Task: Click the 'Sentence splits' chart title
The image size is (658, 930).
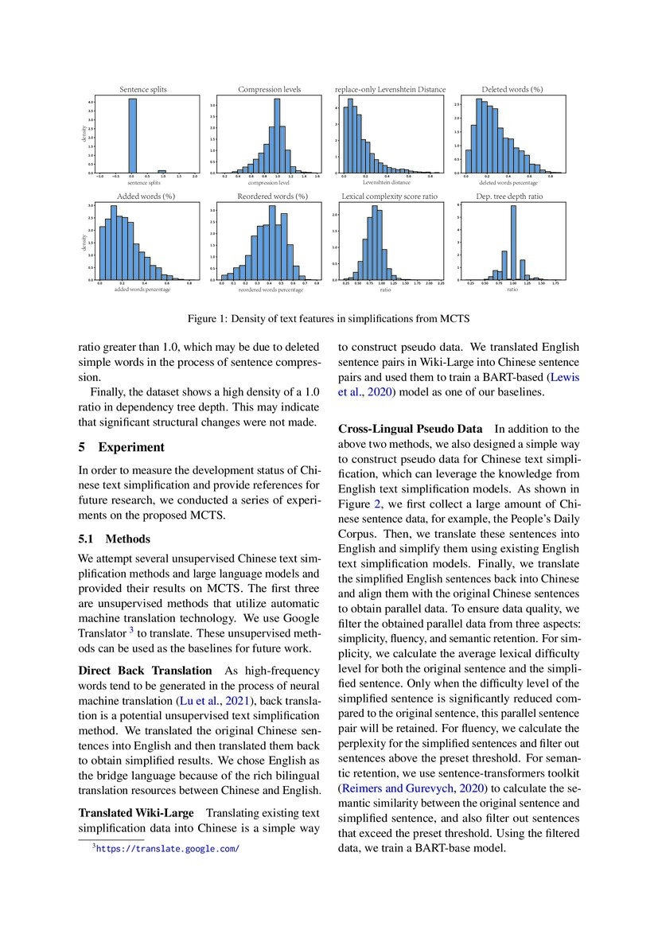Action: tap(142, 90)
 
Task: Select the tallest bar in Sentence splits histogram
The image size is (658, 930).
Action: tap(133, 135)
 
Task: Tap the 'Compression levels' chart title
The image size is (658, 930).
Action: tap(269, 90)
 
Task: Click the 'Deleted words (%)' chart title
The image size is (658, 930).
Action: tap(512, 90)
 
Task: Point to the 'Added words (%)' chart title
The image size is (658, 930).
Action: tap(142, 196)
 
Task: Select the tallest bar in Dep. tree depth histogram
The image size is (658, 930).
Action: tap(513, 243)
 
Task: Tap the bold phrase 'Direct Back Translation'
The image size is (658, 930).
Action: tap(145, 671)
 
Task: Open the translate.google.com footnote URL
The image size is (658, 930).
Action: tap(167, 849)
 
